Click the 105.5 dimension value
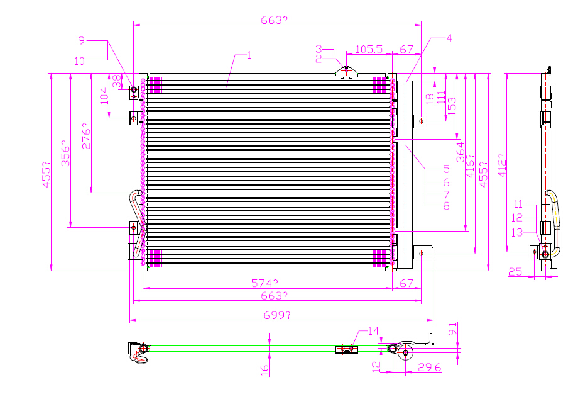coord(369,49)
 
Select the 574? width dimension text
coord(264,283)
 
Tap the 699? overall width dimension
coord(277,315)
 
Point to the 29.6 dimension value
coord(430,367)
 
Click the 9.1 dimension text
coord(453,328)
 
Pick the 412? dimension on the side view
coord(502,165)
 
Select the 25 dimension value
coord(515,272)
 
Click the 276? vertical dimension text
coord(86,136)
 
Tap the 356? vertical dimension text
coord(65,153)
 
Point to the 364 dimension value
coord(461,152)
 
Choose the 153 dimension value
coord(452,106)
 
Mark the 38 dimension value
coord(116,81)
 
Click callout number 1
coord(249,55)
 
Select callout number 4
coord(449,38)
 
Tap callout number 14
coord(373,331)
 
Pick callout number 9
coord(82,40)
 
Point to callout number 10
coord(79,61)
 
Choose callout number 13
coord(517,232)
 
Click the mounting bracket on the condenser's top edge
coord(346,72)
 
